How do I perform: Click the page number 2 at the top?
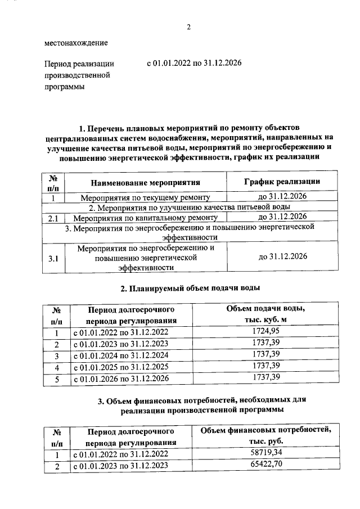click(189, 27)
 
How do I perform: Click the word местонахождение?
click(76, 43)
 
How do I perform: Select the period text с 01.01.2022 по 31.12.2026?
click(194, 64)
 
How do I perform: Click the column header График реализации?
click(282, 181)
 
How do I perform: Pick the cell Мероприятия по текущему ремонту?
click(145, 197)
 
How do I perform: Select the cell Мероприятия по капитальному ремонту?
click(145, 217)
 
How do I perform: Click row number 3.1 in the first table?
click(54, 258)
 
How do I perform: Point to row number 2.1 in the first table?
click(54, 217)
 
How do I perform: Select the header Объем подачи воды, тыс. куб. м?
click(265, 314)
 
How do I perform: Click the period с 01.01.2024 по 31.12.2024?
click(121, 356)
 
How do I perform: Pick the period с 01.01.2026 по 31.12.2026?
click(121, 380)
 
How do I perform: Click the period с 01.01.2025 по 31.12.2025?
click(121, 368)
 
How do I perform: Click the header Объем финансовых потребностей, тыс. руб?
click(266, 436)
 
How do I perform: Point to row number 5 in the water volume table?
click(56, 380)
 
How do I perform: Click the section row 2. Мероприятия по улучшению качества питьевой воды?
click(190, 208)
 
